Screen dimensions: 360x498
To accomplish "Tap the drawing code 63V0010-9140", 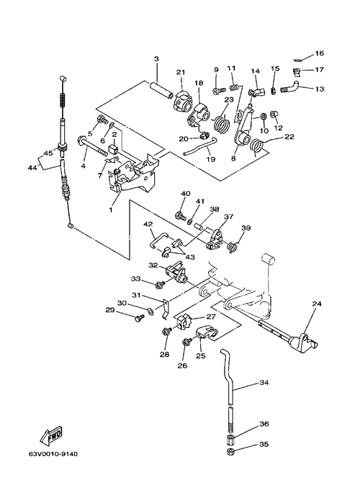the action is click(x=53, y=454).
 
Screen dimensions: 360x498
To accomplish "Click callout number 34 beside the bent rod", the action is click(x=264, y=383).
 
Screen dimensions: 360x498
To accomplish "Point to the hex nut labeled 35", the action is click(x=231, y=452).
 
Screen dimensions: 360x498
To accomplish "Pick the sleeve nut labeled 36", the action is click(x=231, y=440).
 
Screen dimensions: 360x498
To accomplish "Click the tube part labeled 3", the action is click(x=161, y=89).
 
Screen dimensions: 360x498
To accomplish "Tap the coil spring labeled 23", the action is click(x=221, y=123).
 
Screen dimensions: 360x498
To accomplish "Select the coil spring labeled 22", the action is click(x=257, y=146).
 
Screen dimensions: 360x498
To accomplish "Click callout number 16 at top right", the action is click(x=320, y=53).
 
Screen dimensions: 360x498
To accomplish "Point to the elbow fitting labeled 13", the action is click(x=289, y=86).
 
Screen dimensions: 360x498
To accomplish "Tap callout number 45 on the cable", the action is click(x=48, y=153).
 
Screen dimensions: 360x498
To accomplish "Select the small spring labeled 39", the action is click(x=233, y=246).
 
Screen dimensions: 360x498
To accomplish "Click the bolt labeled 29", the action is click(x=140, y=318).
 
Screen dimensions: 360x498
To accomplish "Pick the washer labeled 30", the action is click(x=151, y=310).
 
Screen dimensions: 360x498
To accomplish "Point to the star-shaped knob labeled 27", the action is click(x=184, y=321).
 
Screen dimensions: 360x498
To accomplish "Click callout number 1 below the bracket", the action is click(x=111, y=210).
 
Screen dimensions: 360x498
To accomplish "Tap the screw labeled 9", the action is click(x=219, y=91).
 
